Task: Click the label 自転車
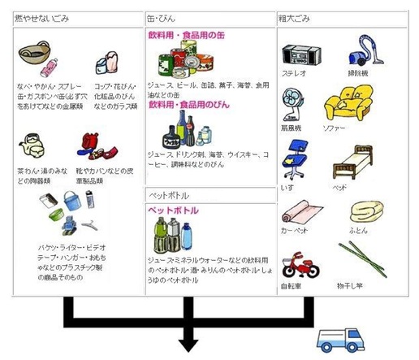[293, 286]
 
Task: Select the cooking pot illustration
[32, 57]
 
